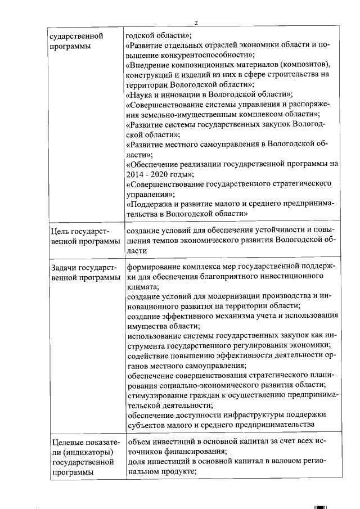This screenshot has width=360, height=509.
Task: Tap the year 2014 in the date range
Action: [135, 174]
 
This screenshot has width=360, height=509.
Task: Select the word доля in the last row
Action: [135, 462]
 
